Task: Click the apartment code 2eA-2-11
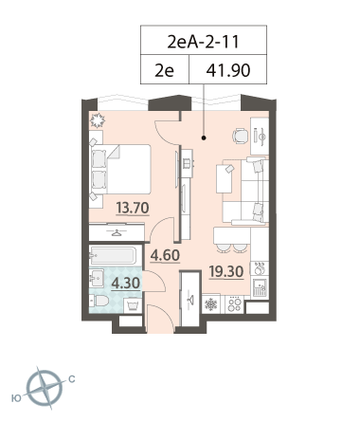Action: pyautogui.click(x=203, y=42)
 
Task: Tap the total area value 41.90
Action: pyautogui.click(x=228, y=70)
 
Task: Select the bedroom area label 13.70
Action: pyautogui.click(x=133, y=208)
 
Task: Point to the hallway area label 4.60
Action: pyautogui.click(x=165, y=255)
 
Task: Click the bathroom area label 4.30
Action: pyautogui.click(x=126, y=284)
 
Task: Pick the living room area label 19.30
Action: pyautogui.click(x=226, y=271)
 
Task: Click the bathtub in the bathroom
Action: pyautogui.click(x=113, y=255)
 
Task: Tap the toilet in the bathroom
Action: pyautogui.click(x=99, y=301)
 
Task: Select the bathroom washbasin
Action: pyautogui.click(x=97, y=278)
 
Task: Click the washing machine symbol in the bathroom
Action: pyautogui.click(x=132, y=305)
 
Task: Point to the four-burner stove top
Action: pyautogui.click(x=235, y=304)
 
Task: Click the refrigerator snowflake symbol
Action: pyautogui.click(x=211, y=304)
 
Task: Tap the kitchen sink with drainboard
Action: pyautogui.click(x=260, y=287)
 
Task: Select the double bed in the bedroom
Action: pyautogui.click(x=121, y=169)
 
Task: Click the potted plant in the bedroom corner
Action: pyautogui.click(x=98, y=120)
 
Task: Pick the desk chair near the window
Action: pyautogui.click(x=241, y=136)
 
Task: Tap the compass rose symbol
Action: pyautogui.click(x=45, y=388)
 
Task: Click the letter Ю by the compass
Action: pyautogui.click(x=16, y=397)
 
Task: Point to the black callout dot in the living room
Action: pyautogui.click(x=204, y=138)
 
